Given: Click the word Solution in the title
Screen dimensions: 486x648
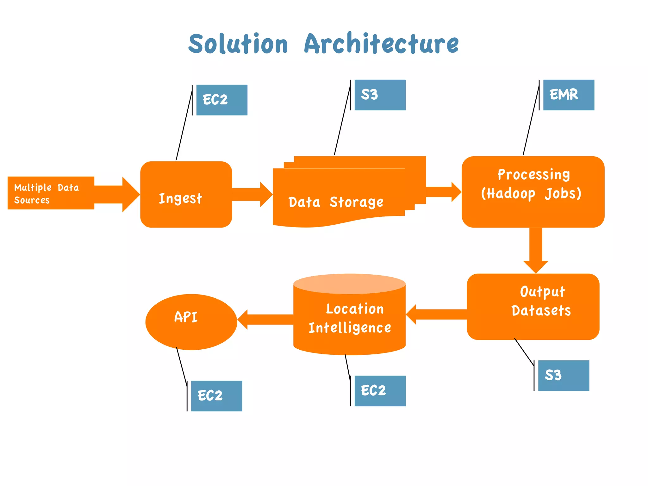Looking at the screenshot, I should coord(238,44).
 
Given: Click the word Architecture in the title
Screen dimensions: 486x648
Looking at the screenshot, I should coord(381,44).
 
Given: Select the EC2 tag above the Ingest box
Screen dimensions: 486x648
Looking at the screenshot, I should coord(222,100).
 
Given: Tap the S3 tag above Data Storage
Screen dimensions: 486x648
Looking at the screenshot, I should coord(380,95).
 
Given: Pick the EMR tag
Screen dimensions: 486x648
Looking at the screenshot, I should coord(569,95).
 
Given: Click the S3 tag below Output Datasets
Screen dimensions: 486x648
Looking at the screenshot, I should coord(564,376).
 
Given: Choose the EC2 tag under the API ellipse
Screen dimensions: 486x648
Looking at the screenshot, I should coord(216,396).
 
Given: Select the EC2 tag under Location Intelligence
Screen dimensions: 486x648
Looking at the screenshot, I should coord(380,391).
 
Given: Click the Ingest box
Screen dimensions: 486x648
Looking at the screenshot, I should coord(186,195).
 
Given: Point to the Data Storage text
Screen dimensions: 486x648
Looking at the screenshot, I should coord(336,202).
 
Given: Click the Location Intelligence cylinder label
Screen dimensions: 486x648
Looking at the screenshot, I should coord(350,318).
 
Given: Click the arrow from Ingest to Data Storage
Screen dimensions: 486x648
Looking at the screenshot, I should coord(252,194).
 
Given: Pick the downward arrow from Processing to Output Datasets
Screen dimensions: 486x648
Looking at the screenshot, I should coord(536,250).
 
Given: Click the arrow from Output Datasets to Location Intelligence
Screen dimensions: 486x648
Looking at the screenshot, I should coord(437,315).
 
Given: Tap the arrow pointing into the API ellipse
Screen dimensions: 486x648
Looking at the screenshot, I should coord(266,320).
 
